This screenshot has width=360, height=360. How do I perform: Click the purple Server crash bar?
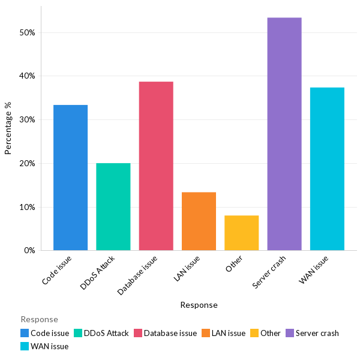pyautogui.click(x=284, y=134)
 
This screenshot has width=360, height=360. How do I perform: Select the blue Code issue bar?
pyautogui.click(x=70, y=178)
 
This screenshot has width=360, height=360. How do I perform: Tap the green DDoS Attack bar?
pyautogui.click(x=113, y=206)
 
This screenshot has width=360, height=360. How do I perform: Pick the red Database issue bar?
pyautogui.click(x=156, y=166)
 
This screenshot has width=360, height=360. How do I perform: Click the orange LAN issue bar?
pyautogui.click(x=199, y=221)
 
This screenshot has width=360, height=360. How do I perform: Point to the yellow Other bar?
pyautogui.click(x=242, y=233)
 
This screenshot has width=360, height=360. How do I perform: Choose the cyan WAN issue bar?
pyautogui.click(x=327, y=169)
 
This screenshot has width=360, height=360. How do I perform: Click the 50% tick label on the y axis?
pyautogui.click(x=27, y=32)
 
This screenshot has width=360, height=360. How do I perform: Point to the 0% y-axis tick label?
pyautogui.click(x=29, y=250)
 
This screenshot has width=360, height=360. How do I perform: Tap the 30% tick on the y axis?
pyautogui.click(x=27, y=119)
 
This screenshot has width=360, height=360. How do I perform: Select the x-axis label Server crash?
pyautogui.click(x=270, y=273)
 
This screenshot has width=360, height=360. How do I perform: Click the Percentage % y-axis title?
pyautogui.click(x=8, y=128)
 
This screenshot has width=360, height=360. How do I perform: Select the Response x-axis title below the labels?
pyautogui.click(x=199, y=305)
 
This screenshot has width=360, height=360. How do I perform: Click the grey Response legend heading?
pyautogui.click(x=39, y=319)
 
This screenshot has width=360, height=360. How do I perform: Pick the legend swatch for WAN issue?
pyautogui.click(x=25, y=346)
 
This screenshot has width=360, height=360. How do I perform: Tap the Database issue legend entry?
pyautogui.click(x=170, y=333)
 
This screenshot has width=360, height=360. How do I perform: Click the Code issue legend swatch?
pyautogui.click(x=25, y=333)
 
